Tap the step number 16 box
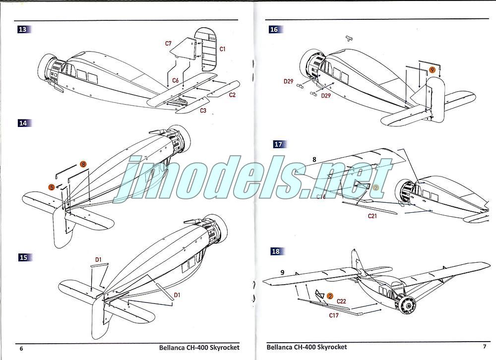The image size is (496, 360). point(274,29)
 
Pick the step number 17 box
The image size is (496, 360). point(278,144)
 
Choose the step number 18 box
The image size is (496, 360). point(276,251)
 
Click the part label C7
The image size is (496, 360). point(168,44)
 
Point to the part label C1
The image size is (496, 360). point(222,49)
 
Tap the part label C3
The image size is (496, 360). point(203,111)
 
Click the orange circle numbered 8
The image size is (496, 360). point(83,164)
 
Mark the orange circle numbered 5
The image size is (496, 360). point(52,187)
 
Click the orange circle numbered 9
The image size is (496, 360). point(432,70)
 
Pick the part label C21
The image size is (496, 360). point(373,216)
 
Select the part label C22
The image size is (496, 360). point(341,301)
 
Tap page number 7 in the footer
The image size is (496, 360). point(484,346)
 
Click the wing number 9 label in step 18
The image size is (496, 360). point(282,272)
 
